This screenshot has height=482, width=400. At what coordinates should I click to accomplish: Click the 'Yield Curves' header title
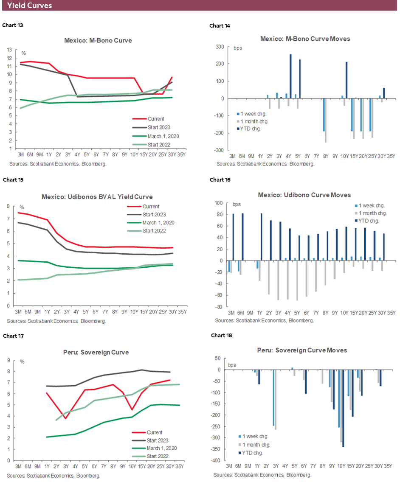[30, 6]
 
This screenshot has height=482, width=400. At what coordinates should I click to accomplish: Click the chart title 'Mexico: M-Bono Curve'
[98, 41]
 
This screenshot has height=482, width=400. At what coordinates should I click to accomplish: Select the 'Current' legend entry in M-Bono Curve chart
[156, 119]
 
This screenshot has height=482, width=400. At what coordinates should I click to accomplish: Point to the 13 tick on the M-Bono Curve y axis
[9, 49]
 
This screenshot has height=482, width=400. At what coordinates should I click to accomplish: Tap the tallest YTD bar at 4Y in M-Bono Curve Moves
[290, 76]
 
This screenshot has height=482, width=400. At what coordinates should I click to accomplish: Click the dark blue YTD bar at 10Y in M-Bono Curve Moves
[346, 80]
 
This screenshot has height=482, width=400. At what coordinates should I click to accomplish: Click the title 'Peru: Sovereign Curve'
[98, 352]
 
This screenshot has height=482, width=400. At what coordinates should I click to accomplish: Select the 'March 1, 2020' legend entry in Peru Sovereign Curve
[162, 448]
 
